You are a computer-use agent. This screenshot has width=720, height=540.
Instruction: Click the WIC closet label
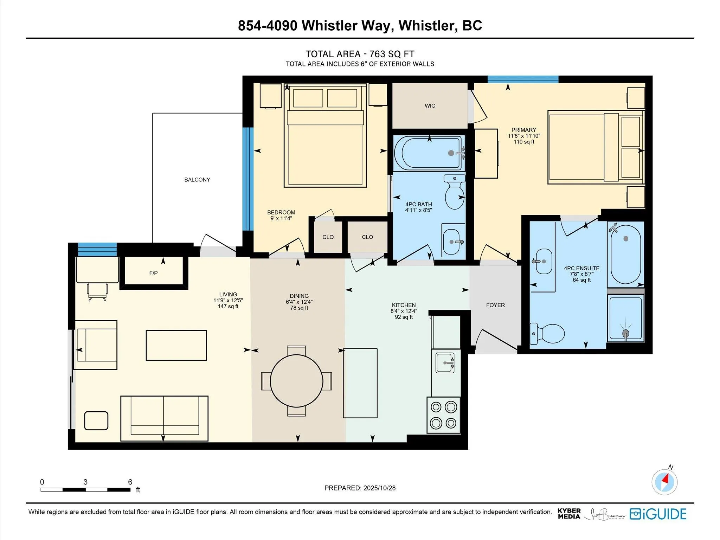point(430,106)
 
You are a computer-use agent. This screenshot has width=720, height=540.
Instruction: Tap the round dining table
point(296,381)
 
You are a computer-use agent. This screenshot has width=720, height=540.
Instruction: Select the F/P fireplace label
point(153,273)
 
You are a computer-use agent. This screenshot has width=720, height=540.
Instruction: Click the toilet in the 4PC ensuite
point(548,333)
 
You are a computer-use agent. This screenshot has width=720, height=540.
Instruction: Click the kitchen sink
point(445,363)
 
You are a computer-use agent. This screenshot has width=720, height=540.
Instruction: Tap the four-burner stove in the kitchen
point(443,415)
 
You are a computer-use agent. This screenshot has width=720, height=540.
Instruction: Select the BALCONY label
point(197,180)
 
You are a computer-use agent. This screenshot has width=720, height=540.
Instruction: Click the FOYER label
point(495,305)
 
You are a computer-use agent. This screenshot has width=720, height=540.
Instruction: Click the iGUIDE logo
point(658,514)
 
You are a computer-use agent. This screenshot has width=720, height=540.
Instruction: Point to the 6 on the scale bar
point(130,482)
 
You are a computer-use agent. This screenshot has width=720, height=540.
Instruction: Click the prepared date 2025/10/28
point(379,488)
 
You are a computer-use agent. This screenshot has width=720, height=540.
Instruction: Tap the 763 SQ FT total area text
point(392,54)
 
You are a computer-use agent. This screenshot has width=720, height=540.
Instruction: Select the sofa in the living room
point(164,418)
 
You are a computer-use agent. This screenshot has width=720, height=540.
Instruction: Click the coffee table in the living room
point(176,345)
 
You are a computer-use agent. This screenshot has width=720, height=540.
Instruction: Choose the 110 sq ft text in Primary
point(523,142)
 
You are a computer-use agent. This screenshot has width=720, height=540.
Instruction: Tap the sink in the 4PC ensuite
point(544,261)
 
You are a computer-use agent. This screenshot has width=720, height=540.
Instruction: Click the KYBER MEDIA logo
point(569,514)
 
